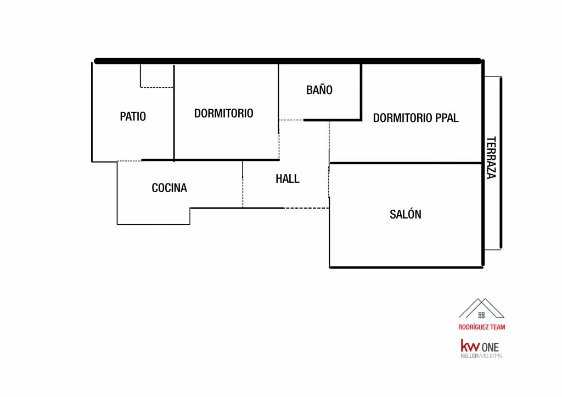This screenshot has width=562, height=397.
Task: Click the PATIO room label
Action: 133,116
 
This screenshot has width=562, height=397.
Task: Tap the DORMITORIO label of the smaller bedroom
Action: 223,113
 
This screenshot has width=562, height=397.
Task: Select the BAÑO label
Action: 319,90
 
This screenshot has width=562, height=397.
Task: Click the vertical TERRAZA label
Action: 491,157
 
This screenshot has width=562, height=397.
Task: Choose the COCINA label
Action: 169,188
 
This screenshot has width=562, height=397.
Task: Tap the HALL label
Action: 287,178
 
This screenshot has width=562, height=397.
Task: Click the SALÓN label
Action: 405,214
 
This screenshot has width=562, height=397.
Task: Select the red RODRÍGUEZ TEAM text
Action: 481,327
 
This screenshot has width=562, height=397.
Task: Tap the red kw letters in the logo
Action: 469,346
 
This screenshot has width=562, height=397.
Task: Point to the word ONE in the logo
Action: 491,347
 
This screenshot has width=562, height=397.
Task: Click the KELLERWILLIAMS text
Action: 481,356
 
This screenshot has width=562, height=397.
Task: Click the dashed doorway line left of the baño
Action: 291,120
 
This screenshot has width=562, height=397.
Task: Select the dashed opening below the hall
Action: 306,208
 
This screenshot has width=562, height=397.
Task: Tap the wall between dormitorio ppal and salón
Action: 406,163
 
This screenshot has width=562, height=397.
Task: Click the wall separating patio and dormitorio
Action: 174,113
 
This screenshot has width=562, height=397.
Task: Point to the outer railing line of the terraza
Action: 501,163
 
